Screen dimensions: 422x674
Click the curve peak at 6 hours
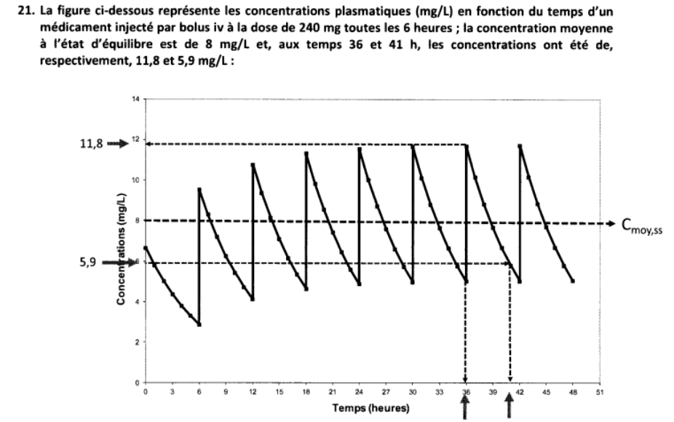pyautogui.click(x=199, y=189)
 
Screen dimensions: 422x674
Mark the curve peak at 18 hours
pyautogui.click(x=306, y=153)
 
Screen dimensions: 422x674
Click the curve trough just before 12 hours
pyautogui.click(x=252, y=298)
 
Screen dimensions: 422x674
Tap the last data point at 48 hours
pyautogui.click(x=573, y=280)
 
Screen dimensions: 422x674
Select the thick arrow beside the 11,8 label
pyautogui.click(x=117, y=144)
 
